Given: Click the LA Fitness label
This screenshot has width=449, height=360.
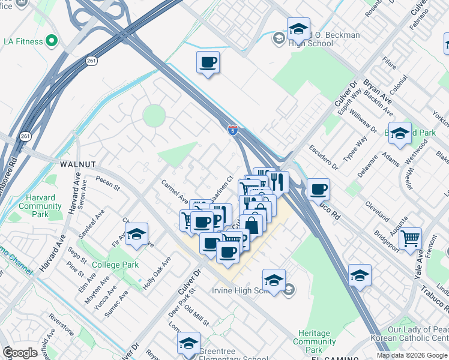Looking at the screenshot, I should click(23, 41).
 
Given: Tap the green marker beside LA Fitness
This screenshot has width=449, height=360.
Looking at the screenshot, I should click(52, 41).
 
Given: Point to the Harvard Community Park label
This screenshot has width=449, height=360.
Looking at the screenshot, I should click(40, 206).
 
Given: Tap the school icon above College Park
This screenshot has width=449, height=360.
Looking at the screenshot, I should click(137, 235).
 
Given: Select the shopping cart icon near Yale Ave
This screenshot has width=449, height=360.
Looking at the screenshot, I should click(410, 239).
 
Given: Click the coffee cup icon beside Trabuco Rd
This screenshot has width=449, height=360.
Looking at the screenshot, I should click(318, 190).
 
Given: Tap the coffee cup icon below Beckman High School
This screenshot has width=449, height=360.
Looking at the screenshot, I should click(208, 62).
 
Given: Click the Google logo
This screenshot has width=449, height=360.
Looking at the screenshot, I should click(20, 353).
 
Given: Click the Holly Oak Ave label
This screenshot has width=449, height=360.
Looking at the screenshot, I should click(157, 274).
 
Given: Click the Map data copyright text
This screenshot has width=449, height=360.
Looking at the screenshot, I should click(412, 355).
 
